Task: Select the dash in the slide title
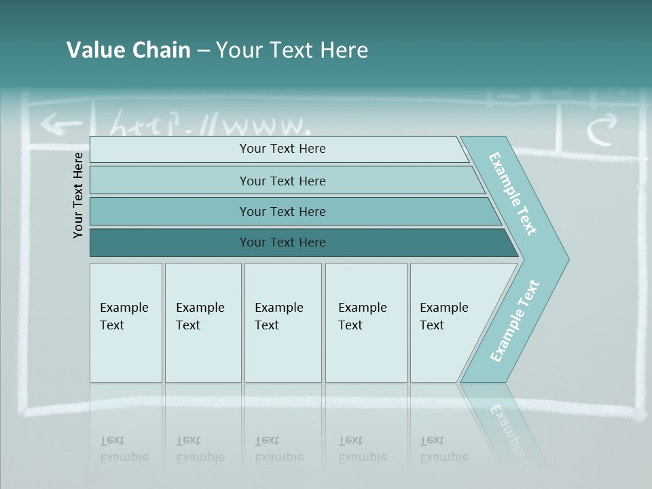[x=203, y=51]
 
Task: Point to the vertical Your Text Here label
[x=78, y=195]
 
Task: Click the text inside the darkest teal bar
[x=283, y=242]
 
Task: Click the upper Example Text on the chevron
[x=513, y=194]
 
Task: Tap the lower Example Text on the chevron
[x=514, y=321]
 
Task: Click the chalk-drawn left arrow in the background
[x=60, y=124]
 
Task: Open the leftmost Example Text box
[x=126, y=323]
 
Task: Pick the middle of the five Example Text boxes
[x=283, y=323]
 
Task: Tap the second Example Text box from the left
[x=203, y=323]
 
